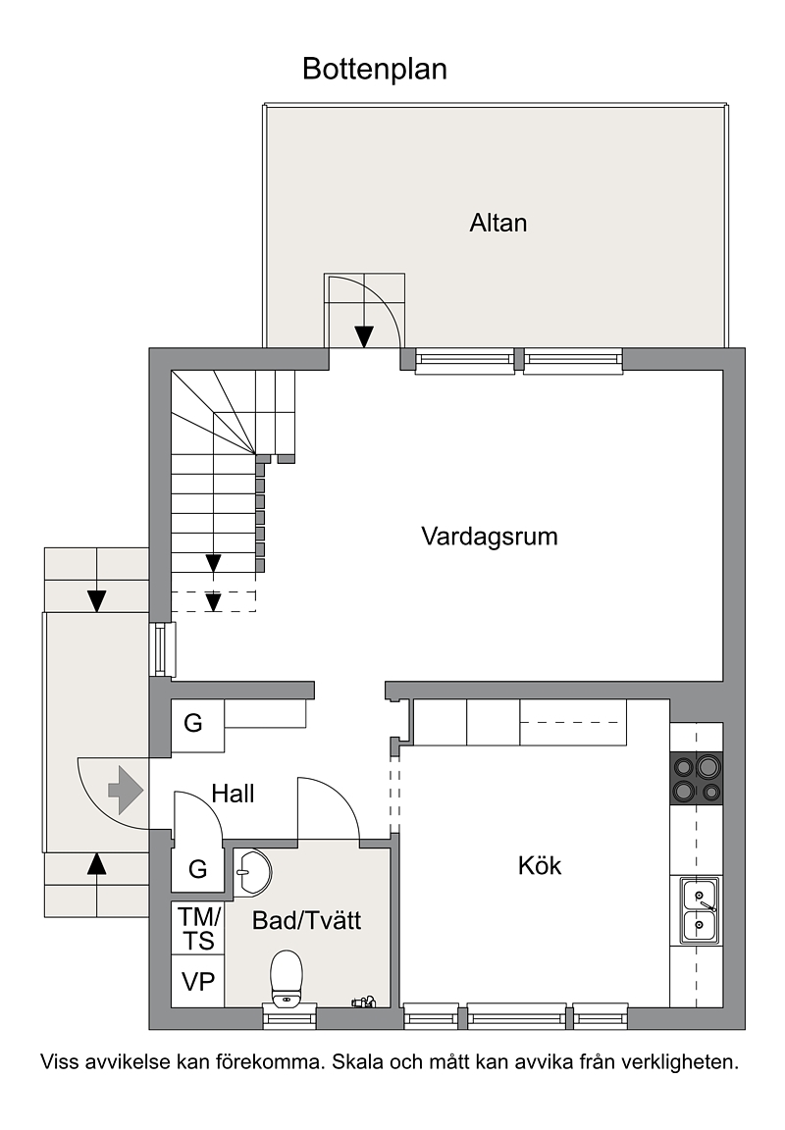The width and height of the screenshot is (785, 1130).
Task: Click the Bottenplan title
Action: [375, 70]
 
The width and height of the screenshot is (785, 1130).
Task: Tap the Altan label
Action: [498, 223]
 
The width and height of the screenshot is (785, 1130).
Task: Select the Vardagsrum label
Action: [490, 537]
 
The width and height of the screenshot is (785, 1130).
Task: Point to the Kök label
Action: [539, 865]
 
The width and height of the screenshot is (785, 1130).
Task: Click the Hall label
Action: [233, 794]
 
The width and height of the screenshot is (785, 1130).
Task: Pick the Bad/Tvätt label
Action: [306, 920]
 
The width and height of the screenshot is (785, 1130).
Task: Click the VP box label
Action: [197, 982]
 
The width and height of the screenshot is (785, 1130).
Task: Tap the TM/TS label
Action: [198, 928]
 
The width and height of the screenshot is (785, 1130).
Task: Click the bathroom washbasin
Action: [252, 872]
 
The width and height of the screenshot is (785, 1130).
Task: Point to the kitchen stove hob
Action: [697, 778]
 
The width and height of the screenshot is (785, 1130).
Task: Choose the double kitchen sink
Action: [700, 910]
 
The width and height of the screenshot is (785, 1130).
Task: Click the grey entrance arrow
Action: [126, 791]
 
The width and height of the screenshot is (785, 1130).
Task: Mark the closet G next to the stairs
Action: [193, 723]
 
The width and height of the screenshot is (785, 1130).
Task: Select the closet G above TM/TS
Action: [197, 869]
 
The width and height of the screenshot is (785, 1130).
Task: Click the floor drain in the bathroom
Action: [363, 1001]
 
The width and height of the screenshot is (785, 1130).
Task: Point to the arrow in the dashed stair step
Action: [213, 601]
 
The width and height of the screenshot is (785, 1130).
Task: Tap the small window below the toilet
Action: [289, 1017]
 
